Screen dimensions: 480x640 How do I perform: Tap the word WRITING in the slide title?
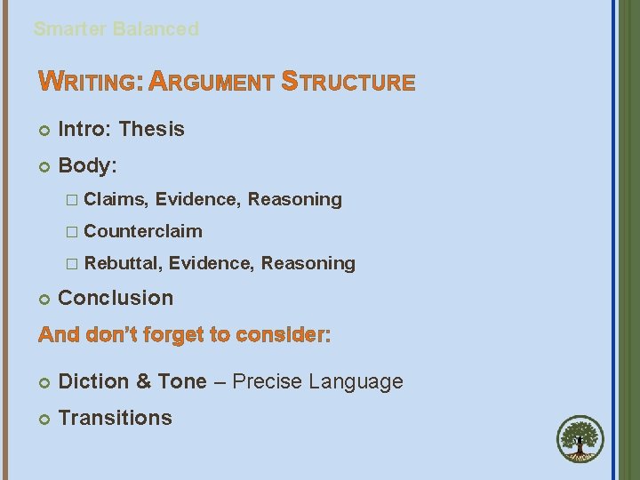pos(90,84)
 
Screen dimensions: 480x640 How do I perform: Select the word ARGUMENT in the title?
pos(212,84)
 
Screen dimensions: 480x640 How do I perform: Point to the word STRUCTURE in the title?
pos(348,84)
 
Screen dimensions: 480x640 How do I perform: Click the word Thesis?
pos(152,130)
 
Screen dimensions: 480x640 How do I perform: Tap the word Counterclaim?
pos(143,232)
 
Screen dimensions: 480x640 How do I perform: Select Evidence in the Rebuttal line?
pos(210,264)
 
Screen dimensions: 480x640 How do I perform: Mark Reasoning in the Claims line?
pos(295,200)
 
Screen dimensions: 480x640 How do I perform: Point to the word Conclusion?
pos(116,299)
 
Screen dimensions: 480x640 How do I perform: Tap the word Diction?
pos(93,382)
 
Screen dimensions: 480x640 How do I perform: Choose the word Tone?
pos(182,382)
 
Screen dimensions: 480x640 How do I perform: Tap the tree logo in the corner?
pos(580,440)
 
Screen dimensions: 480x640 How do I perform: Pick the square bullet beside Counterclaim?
pos(72,232)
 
